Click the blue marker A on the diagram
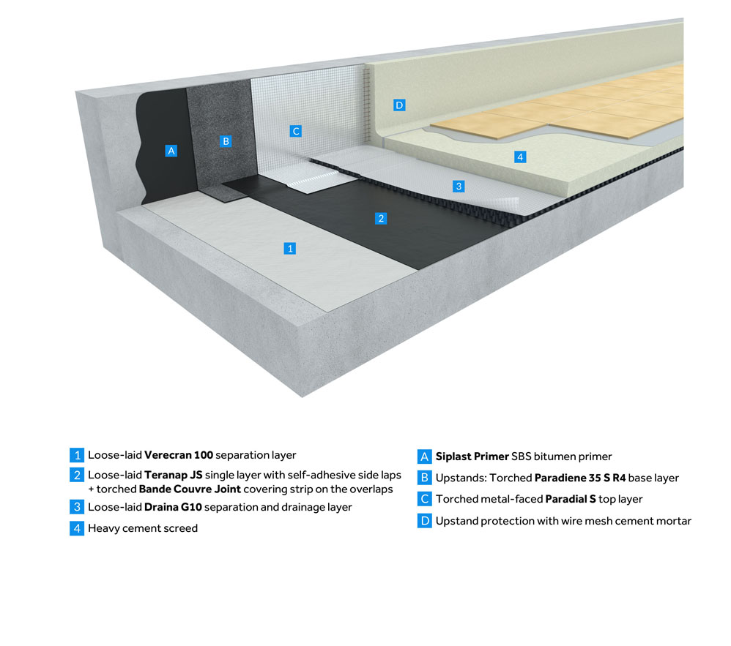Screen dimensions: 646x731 [171, 151]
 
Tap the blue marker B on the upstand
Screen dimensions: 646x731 [226, 141]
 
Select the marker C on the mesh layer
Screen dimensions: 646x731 [295, 131]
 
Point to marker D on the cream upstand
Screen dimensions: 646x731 [399, 105]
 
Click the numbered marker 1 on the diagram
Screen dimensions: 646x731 [290, 249]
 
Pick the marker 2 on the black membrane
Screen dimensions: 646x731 [380, 218]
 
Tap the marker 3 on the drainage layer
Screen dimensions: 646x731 [459, 187]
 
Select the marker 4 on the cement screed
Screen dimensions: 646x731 [519, 157]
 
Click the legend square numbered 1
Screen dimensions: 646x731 [77, 455]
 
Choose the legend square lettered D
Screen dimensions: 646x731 [425, 521]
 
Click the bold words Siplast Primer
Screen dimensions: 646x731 [472, 457]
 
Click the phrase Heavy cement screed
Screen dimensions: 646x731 [143, 528]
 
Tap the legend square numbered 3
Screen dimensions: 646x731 [77, 507]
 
